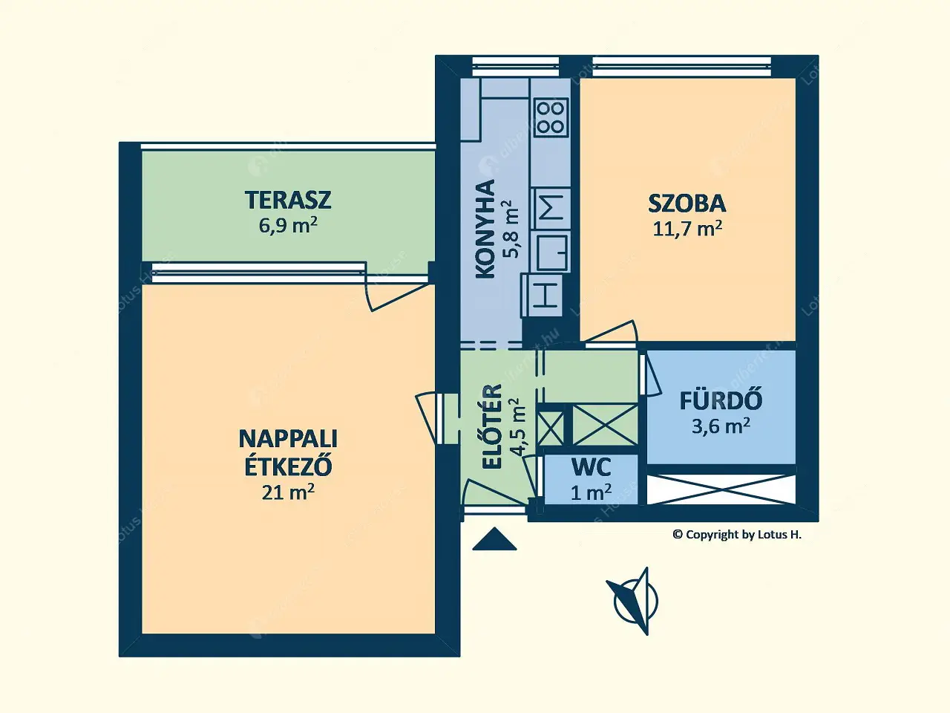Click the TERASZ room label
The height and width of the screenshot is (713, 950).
(288, 200)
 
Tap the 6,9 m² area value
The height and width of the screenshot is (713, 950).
(288, 225)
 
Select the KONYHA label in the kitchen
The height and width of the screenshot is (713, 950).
(485, 229)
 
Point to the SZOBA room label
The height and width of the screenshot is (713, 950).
(687, 203)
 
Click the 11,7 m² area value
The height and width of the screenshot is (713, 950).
(687, 228)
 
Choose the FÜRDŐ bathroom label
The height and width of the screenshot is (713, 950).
(721, 400)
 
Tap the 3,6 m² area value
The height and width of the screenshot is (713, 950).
(721, 426)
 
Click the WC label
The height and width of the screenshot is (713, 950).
(592, 467)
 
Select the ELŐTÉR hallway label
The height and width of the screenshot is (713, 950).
(493, 426)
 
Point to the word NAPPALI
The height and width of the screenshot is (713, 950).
(288, 438)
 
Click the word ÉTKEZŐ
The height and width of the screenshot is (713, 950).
(288, 466)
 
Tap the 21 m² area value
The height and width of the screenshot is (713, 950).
(288, 492)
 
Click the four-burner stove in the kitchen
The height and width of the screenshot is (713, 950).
(551, 117)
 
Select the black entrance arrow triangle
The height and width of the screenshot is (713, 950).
(494, 540)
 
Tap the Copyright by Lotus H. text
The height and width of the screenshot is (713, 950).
(736, 535)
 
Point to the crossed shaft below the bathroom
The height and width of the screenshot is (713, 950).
(721, 488)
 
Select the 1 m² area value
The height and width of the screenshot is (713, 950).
(592, 492)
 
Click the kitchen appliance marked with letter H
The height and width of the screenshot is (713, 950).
(546, 295)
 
